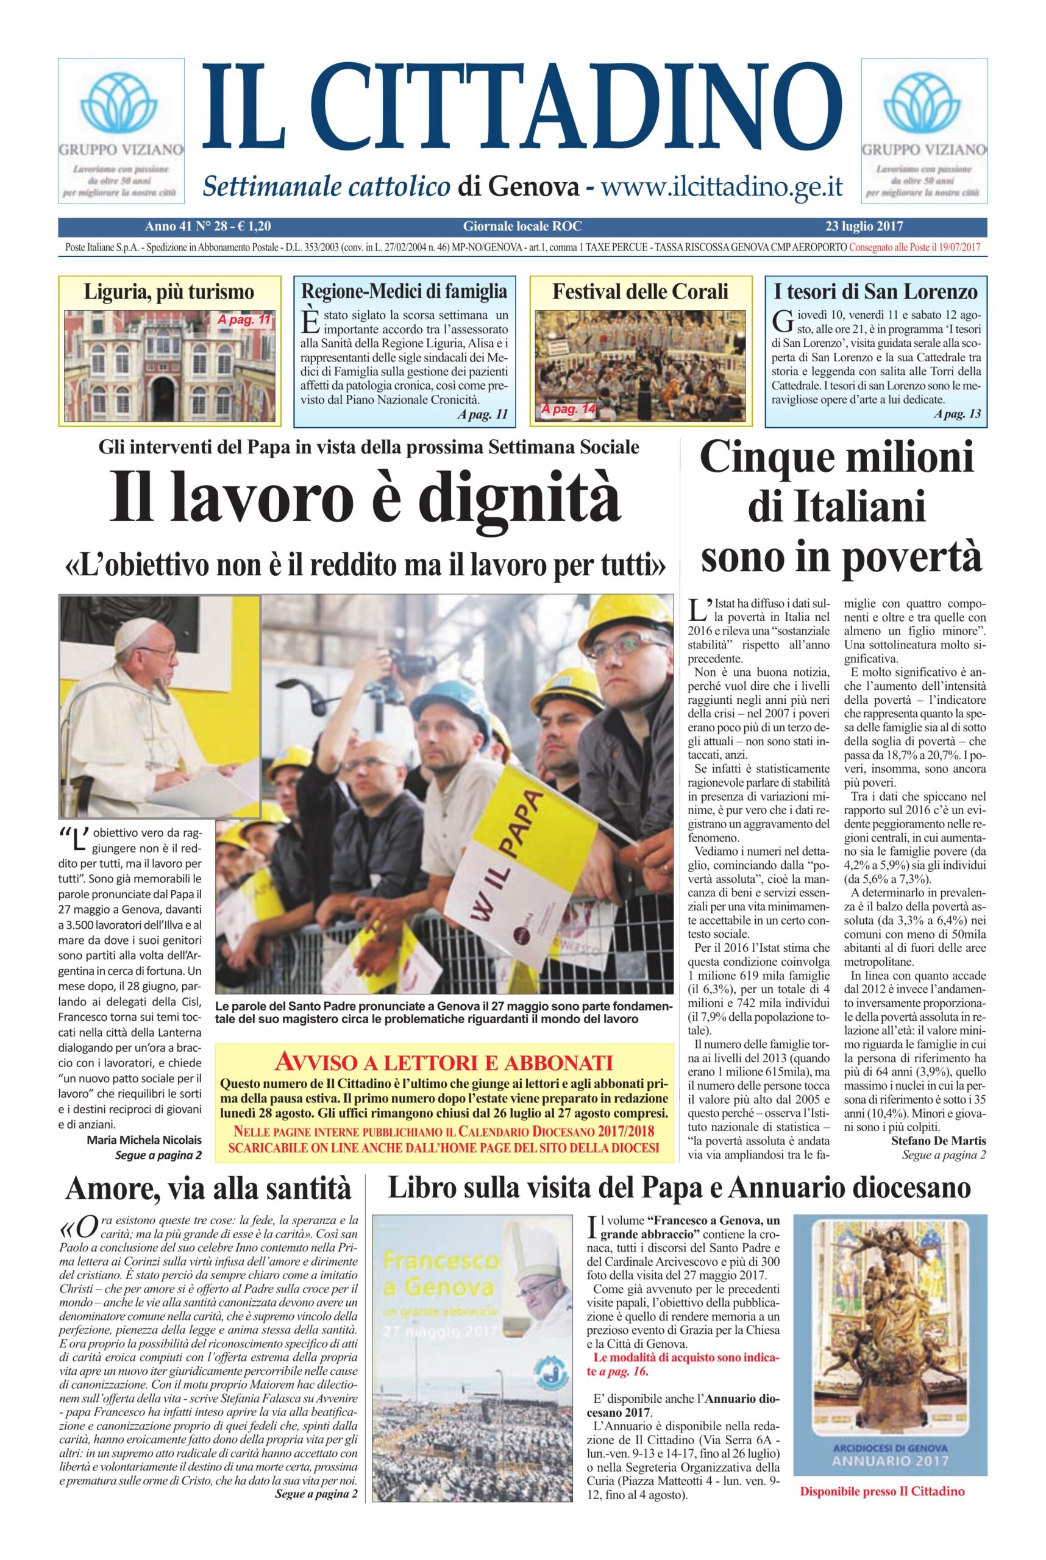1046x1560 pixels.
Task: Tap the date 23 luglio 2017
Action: pyautogui.click(x=864, y=226)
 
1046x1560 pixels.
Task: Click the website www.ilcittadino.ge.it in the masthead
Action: pyautogui.click(x=722, y=186)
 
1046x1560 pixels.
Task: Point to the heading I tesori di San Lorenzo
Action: pyautogui.click(x=875, y=291)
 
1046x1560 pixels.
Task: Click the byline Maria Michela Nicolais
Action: pyautogui.click(x=143, y=1138)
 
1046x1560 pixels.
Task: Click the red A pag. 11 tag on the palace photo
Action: pyautogui.click(x=243, y=320)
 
